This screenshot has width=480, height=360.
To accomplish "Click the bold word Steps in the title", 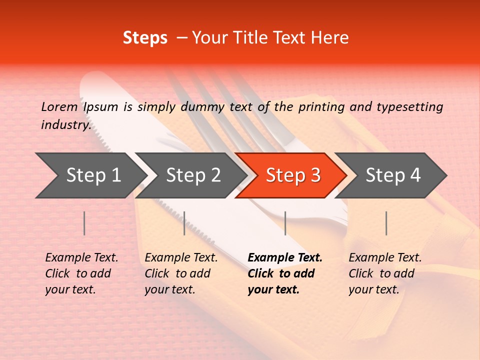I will tap(145, 38).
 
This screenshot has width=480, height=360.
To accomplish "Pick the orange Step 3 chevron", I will tap(292, 175).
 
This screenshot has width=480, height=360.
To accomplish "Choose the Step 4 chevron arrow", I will tap(392, 175).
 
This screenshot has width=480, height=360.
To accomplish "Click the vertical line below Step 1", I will tap(84, 223).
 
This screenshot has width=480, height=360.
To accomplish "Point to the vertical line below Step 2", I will tap(184, 223).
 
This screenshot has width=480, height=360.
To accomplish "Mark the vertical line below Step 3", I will tap(285, 223).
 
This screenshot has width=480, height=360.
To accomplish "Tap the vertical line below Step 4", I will tap(386, 223).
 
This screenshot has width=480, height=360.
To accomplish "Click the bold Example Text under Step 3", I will tap(285, 257).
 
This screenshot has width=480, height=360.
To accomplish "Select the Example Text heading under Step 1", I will tap(81, 257).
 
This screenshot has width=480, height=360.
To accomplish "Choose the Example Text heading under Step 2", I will tap(181, 257).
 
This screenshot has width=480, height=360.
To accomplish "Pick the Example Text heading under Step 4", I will tap(385, 257).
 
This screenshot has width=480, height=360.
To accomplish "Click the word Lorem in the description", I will tap(59, 106).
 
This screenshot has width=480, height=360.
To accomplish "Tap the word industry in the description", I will tap(65, 125).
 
